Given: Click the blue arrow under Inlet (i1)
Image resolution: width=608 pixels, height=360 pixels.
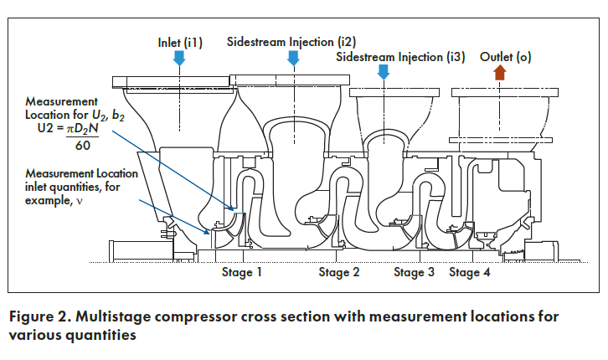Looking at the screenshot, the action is [x=178, y=58].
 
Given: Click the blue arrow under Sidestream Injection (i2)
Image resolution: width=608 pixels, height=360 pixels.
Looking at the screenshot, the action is [x=293, y=58].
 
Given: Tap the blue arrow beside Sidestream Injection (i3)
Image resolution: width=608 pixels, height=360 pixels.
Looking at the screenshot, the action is [x=383, y=72].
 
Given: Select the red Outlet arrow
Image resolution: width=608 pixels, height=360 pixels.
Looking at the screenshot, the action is [x=500, y=72].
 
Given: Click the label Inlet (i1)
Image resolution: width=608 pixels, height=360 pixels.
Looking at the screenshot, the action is [x=180, y=42].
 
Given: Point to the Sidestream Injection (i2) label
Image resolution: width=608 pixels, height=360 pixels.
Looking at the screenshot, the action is [x=291, y=42].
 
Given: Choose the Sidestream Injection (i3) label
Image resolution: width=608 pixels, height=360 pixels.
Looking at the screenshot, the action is [x=400, y=57].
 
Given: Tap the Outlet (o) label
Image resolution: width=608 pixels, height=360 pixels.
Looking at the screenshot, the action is [x=505, y=57].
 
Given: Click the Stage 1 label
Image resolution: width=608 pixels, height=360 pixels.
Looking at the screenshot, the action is [x=241, y=272].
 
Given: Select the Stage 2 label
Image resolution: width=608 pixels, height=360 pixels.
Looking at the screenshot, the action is [x=339, y=272].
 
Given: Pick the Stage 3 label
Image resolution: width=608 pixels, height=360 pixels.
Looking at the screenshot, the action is [x=414, y=272].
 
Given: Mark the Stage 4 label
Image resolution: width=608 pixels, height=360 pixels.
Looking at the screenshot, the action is [x=469, y=272].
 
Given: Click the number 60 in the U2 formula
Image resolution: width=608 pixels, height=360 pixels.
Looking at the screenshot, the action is [x=83, y=146].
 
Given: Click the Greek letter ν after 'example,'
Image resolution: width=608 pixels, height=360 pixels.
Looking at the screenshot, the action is [x=80, y=202].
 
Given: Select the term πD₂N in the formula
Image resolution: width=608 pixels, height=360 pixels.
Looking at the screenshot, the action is [x=82, y=129].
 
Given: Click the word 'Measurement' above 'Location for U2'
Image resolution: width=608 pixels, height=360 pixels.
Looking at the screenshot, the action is [x=61, y=101].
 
